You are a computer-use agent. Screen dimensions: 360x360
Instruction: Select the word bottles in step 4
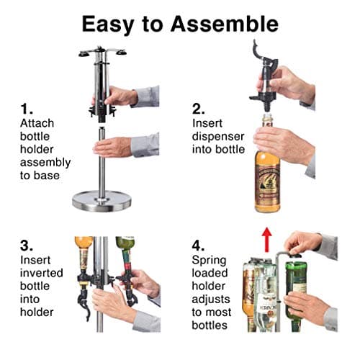coord(210,325)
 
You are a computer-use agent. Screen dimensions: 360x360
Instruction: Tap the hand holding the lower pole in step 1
coord(115,148)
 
